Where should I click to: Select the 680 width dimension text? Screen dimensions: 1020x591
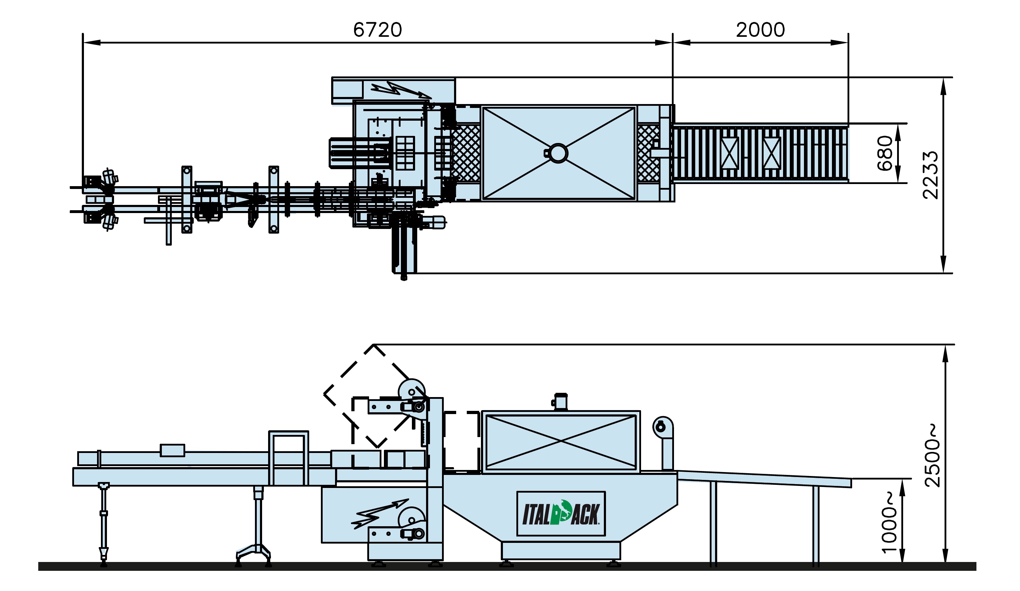coord(885,153)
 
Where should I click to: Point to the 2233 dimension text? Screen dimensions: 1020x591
coord(930,175)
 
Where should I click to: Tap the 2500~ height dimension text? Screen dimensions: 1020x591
coord(933,455)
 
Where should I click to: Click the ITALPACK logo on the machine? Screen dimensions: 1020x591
coord(561,514)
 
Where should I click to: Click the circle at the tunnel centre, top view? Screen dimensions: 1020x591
coord(558,153)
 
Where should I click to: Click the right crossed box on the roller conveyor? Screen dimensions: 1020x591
coord(771,153)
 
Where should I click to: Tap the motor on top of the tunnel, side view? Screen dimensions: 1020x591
coord(560,402)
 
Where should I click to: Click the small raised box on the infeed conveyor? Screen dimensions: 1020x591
coord(172,450)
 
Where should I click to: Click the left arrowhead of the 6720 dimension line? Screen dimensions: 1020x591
coord(91,42)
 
